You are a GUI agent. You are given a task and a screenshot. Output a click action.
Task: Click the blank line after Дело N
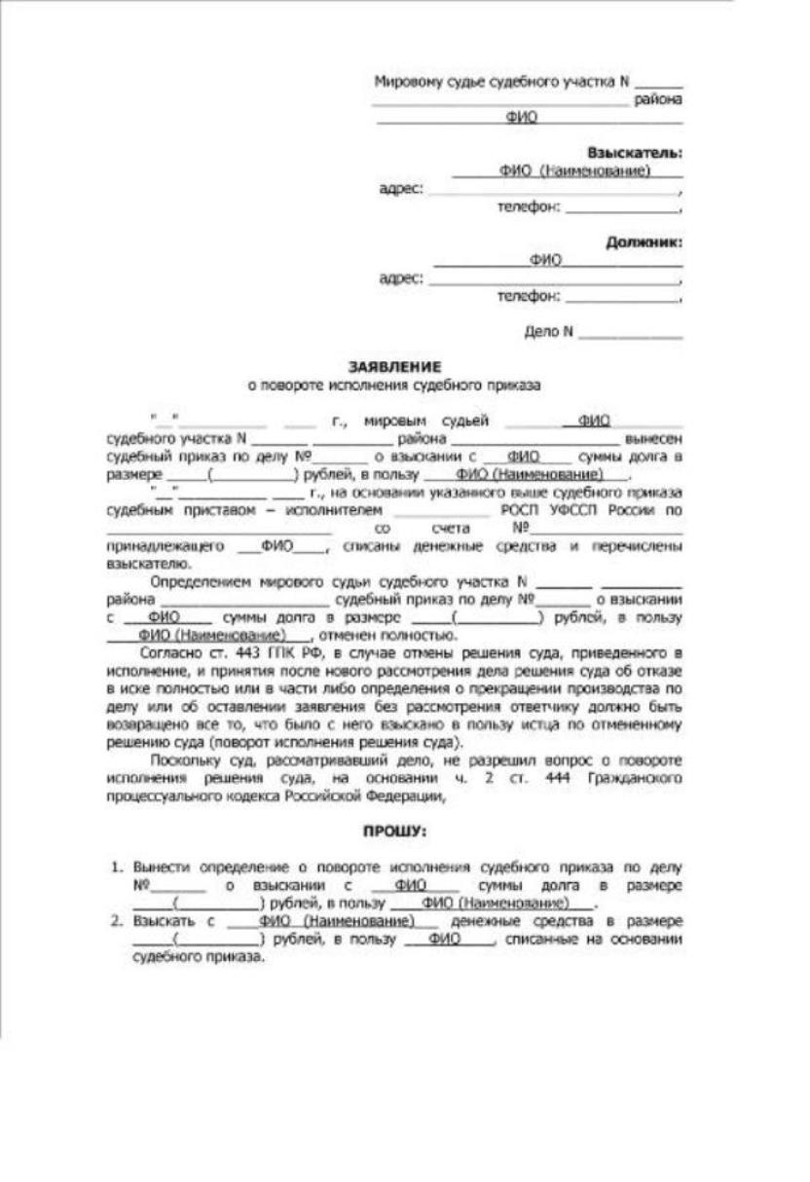click(630, 333)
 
